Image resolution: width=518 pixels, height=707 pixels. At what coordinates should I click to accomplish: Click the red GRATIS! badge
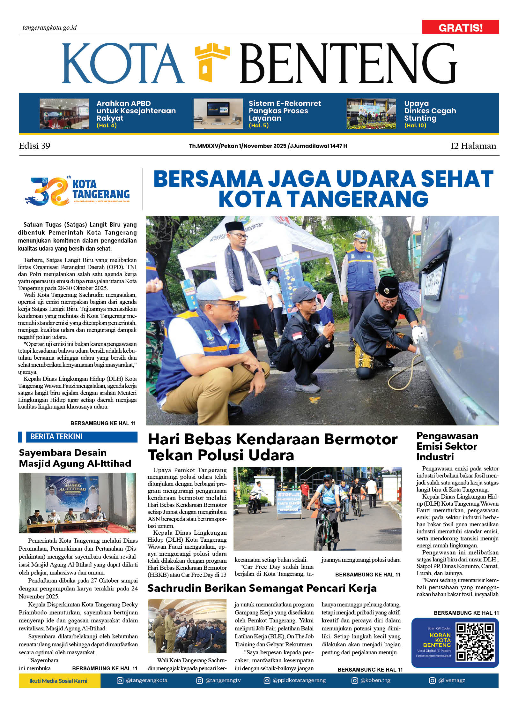(x=460, y=27)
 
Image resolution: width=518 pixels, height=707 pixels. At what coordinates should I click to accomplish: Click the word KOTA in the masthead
(x=123, y=64)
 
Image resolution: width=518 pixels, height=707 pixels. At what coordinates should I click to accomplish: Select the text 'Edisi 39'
(x=34, y=146)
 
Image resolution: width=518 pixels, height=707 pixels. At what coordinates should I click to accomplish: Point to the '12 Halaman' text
(x=473, y=146)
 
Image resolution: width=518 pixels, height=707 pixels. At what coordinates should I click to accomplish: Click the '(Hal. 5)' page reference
(x=259, y=125)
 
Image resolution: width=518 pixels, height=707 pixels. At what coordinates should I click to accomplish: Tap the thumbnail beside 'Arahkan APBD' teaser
(x=64, y=114)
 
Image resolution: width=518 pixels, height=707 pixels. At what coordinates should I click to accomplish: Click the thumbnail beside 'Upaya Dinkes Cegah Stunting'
(x=371, y=114)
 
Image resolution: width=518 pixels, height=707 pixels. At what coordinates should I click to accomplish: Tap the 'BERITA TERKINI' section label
(x=56, y=436)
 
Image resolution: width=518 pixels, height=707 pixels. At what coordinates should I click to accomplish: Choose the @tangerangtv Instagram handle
(x=223, y=680)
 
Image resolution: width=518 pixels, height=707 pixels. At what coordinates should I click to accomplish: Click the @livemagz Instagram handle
(x=451, y=680)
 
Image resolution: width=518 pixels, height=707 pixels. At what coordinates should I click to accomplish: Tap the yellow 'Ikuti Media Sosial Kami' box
(x=59, y=681)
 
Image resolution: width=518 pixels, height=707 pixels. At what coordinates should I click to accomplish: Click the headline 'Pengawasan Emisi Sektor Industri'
(x=447, y=446)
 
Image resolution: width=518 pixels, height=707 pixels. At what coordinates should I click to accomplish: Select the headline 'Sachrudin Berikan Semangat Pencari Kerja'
(x=262, y=588)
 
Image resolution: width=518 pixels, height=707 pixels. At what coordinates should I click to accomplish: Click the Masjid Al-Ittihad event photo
(x=78, y=503)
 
